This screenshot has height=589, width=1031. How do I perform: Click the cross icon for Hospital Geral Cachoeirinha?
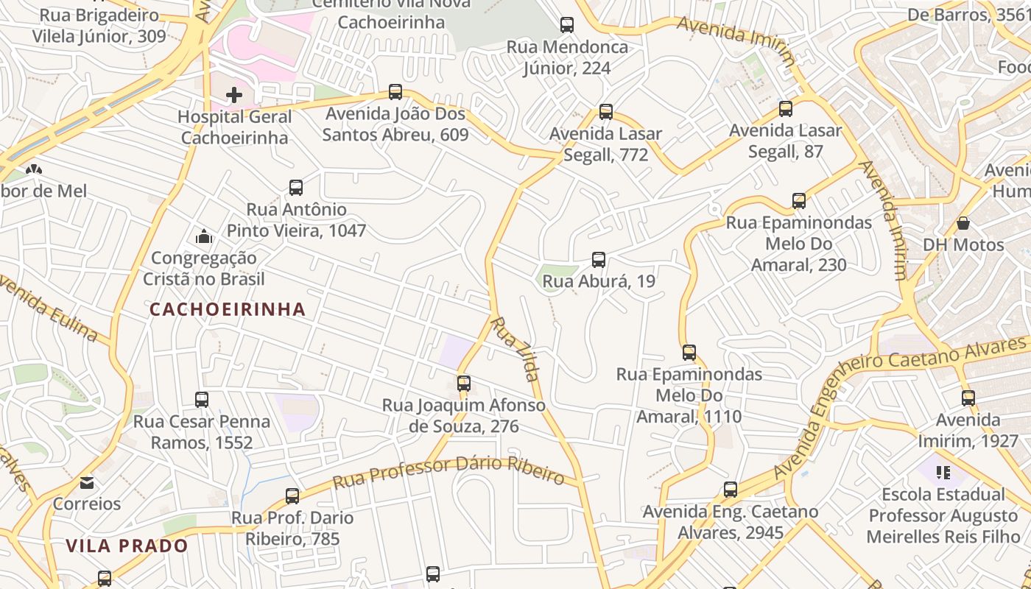pos(234,95)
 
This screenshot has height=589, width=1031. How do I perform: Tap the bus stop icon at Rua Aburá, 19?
pos(599,259)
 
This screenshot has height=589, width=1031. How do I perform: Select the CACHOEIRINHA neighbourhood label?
pos(228,309)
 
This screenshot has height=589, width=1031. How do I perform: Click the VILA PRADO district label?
pos(127,546)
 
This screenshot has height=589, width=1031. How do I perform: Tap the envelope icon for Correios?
pos(87,483)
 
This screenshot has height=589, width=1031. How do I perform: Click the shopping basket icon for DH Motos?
pos(963,223)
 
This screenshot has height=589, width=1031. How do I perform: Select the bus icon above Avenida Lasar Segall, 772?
pos(605,112)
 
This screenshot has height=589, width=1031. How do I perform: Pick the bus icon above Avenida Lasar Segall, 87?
pos(786,109)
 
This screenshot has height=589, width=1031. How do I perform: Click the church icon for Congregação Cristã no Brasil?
pos(204,236)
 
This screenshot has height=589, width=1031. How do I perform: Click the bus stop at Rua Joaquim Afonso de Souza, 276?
pos(463,384)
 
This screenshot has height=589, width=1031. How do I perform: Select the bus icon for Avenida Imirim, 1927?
pos(968,398)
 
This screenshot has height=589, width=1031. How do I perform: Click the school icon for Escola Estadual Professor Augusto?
pos(943,472)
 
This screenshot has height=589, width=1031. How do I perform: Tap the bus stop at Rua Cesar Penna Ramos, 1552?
pos(202,400)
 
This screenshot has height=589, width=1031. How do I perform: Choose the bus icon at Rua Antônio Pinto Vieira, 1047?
pos(295,188)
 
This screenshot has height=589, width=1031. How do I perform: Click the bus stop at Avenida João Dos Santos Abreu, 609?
pos(395,92)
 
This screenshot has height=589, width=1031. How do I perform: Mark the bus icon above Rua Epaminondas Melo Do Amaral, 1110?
pos(689,353)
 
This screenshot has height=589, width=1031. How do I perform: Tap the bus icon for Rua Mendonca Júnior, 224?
pos(566,25)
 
